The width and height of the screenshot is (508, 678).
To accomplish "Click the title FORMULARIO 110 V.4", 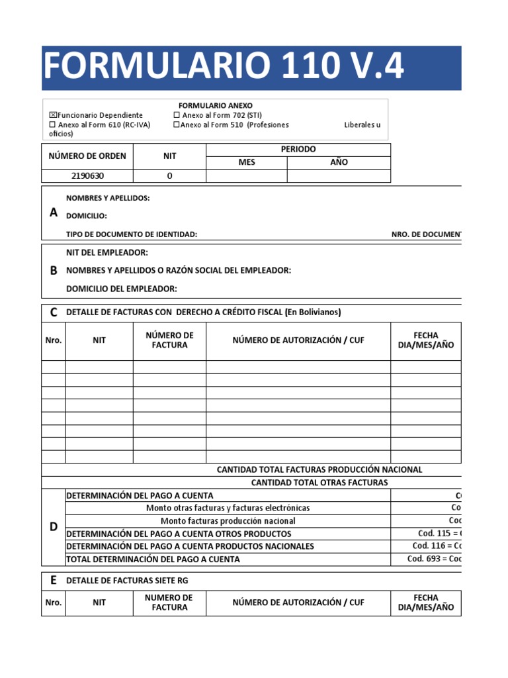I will click(x=224, y=68).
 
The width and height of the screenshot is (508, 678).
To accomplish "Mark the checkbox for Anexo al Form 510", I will click(x=177, y=125).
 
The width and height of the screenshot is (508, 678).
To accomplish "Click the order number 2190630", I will click(x=87, y=176).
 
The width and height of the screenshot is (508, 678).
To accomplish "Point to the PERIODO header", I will click(x=298, y=150).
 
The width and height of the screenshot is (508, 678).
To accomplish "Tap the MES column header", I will click(x=247, y=162).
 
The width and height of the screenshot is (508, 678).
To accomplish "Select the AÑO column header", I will click(x=339, y=162).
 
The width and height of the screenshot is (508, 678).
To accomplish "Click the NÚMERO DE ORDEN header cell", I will click(x=87, y=156).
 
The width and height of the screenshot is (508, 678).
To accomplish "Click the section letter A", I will click(x=54, y=213).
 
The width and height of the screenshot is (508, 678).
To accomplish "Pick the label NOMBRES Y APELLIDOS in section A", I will click(x=108, y=198).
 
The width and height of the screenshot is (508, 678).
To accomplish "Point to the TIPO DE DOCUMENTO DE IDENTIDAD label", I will click(x=132, y=234).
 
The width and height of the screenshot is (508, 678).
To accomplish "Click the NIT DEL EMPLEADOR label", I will click(x=107, y=253).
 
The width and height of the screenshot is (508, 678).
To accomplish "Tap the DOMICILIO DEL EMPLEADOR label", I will click(x=122, y=289).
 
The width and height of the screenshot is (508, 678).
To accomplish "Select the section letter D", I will click(x=54, y=526).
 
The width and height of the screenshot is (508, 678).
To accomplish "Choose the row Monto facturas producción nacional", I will click(x=228, y=520).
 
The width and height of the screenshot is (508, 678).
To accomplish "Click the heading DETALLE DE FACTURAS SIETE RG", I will click(x=131, y=581).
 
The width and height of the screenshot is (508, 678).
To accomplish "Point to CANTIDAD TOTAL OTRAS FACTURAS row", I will click(x=319, y=483).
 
